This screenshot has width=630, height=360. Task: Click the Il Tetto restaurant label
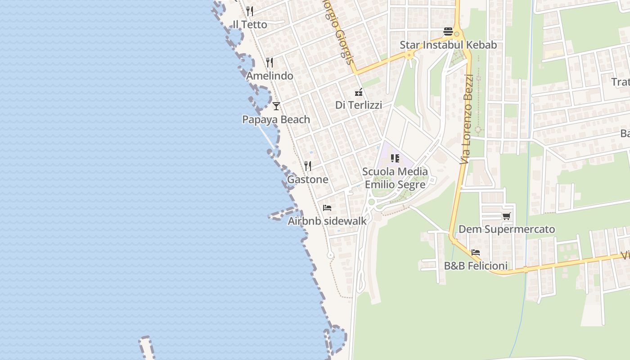(x=250, y=24)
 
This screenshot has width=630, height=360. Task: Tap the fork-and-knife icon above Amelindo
(x=270, y=62)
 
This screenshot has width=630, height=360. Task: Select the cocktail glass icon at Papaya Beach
(x=276, y=106)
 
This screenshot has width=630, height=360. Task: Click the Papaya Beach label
(x=276, y=119)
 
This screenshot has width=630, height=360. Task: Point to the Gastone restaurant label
(x=307, y=179)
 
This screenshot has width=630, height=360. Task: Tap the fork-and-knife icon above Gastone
(x=308, y=166)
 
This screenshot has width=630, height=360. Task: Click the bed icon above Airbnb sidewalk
(x=327, y=208)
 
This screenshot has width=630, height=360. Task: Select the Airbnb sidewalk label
(x=327, y=221)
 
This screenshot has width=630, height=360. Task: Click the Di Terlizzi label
(x=358, y=105)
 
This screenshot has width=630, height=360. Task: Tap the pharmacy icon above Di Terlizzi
(x=359, y=92)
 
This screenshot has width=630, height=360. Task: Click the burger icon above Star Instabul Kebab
(x=448, y=31)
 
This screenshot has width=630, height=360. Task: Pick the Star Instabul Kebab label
(x=448, y=45)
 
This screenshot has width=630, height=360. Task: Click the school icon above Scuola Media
(x=395, y=158)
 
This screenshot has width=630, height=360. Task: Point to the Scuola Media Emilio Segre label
(x=395, y=178)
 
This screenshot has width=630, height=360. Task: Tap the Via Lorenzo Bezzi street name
(x=468, y=119)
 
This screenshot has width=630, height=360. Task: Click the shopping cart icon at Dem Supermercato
(x=507, y=216)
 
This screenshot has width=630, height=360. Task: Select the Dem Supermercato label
(x=507, y=229)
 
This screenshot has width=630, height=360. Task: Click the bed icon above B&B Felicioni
(x=476, y=252)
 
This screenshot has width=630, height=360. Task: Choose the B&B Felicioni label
(x=476, y=265)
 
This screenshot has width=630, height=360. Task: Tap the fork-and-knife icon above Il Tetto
(x=250, y=11)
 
